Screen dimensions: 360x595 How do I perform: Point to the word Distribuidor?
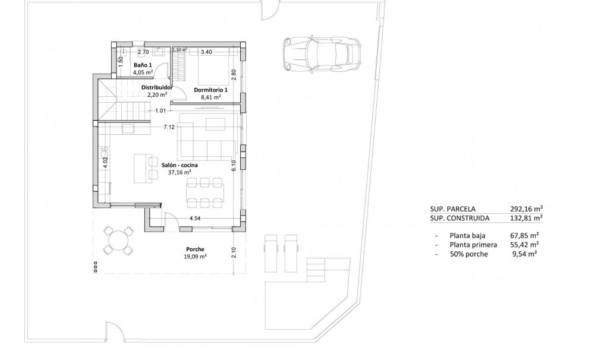pyautogui.click(x=157, y=87)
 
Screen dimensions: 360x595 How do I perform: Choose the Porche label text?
pyautogui.click(x=195, y=249)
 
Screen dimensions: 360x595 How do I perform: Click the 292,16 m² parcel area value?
pyautogui.click(x=526, y=209)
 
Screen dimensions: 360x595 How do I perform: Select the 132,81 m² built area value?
pyautogui.click(x=526, y=218)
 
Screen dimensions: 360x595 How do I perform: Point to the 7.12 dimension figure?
pyautogui.click(x=169, y=127)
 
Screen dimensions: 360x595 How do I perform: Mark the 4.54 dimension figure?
pyautogui.click(x=194, y=219)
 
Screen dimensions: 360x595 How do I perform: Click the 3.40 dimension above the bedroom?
pyautogui.click(x=206, y=52)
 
